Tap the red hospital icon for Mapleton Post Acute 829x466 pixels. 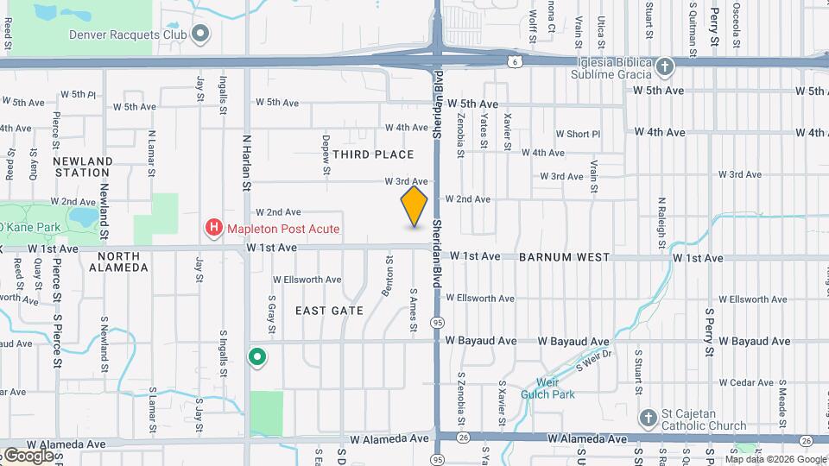(x=212, y=229)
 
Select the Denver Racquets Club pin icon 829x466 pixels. (x=201, y=35)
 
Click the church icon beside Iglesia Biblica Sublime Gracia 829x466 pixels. (x=664, y=66)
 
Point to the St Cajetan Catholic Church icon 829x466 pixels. (x=649, y=419)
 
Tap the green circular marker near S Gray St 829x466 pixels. (x=256, y=356)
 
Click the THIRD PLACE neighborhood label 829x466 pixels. (x=373, y=154)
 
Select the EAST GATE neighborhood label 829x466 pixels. (x=329, y=310)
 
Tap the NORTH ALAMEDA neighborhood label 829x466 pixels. (x=118, y=261)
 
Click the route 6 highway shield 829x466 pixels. (x=515, y=61)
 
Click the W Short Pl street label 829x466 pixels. (x=578, y=134)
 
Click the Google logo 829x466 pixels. (x=28, y=455)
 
